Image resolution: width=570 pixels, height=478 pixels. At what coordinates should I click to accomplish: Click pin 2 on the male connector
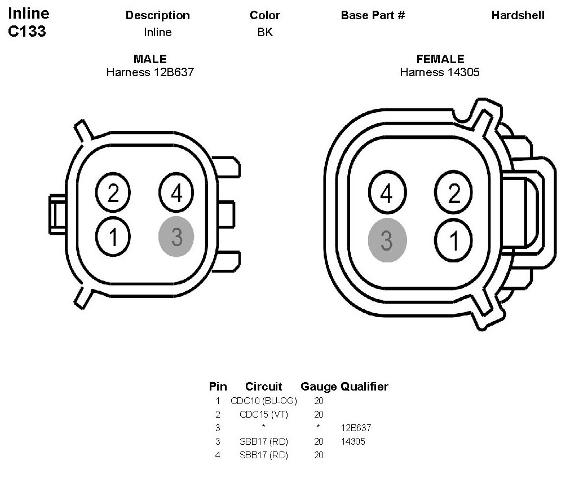point(113,194)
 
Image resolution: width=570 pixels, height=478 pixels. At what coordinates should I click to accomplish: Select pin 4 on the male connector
point(176,194)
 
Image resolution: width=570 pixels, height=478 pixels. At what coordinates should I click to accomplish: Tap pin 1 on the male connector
point(113,237)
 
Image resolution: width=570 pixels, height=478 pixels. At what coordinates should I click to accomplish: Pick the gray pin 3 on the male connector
point(176,237)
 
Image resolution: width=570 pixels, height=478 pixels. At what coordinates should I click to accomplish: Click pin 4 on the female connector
point(386,194)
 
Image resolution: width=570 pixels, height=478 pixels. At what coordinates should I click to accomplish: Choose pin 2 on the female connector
point(454,194)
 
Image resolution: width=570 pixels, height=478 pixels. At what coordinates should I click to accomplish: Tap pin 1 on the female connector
point(454,240)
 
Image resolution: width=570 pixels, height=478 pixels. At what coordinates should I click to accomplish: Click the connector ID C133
point(27,32)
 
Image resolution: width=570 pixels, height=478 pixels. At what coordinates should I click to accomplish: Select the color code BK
point(264,32)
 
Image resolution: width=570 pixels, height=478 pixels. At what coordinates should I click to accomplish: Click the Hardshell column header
point(518,15)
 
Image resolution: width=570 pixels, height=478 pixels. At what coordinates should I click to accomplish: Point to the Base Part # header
point(373,15)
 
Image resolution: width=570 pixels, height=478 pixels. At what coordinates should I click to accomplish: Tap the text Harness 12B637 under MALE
point(150,72)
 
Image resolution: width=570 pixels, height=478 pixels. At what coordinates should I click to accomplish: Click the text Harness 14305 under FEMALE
point(440,72)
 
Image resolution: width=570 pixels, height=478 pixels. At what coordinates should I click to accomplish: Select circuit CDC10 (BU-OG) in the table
point(263,401)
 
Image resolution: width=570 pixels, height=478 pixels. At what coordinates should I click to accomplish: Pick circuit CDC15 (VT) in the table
point(263,414)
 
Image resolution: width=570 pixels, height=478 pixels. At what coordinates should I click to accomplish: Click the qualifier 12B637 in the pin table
point(356,428)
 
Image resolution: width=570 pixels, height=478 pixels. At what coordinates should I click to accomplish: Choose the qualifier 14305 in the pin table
point(353,441)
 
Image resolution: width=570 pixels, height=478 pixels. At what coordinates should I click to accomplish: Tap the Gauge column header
point(319,387)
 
